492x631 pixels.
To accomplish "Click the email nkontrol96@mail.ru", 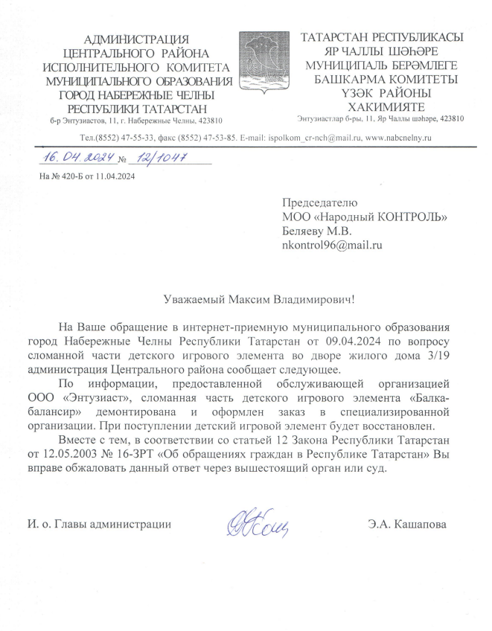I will (332, 244).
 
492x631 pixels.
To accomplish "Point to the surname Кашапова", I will (421, 525).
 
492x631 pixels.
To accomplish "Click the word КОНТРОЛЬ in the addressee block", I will (408, 217).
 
